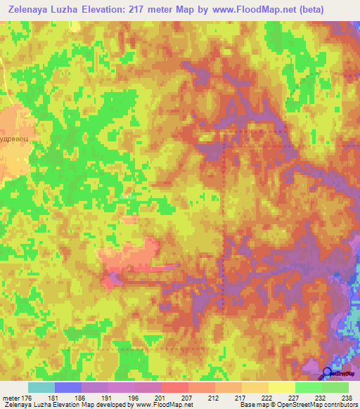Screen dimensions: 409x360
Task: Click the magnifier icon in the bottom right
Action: pyautogui.click(x=327, y=373)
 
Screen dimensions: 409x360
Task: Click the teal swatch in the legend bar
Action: pyautogui.click(x=41, y=387)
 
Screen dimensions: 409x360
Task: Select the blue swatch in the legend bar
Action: pyautogui.click(x=68, y=387)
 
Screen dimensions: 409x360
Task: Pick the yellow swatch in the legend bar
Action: pyautogui.click(x=281, y=387)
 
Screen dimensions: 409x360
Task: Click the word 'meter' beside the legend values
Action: pyautogui.click(x=10, y=396)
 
